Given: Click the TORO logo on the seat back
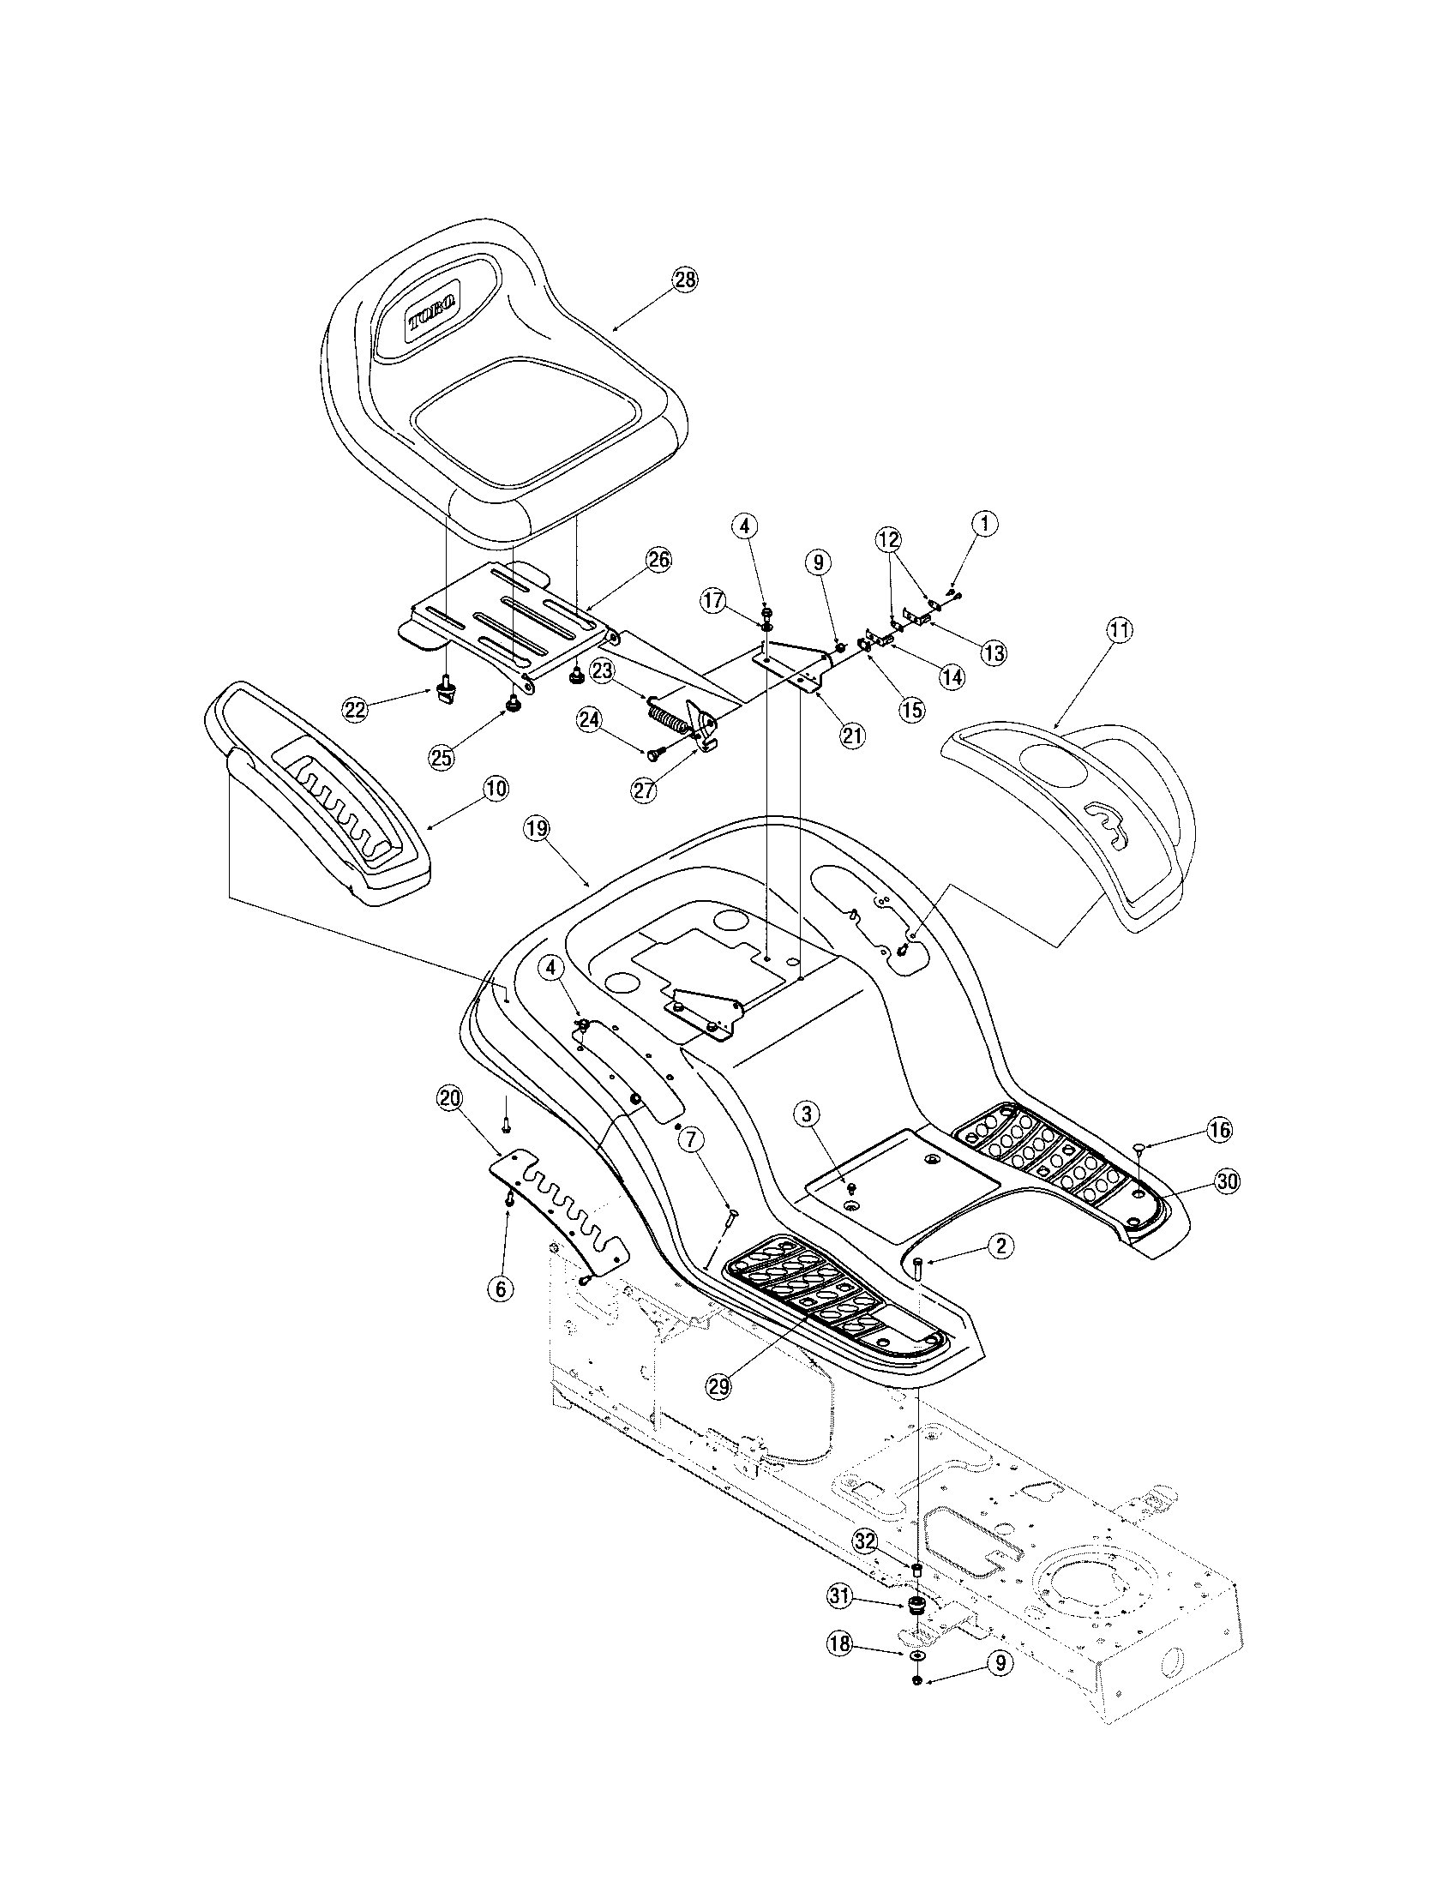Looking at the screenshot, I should pos(435,309).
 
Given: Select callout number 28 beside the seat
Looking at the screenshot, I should pos(686,279).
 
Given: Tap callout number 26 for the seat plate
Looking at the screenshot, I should pos(658,559).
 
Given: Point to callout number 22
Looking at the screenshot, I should pos(355,710).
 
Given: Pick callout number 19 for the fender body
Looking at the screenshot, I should pos(536,829).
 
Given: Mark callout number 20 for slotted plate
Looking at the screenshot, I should pos(450,1098).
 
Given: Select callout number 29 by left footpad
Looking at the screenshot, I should pos(719,1386).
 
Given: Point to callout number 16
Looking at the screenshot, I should pos(1218,1130).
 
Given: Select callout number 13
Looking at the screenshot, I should pos(993,653).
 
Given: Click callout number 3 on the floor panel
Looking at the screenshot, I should pos(807,1114).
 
